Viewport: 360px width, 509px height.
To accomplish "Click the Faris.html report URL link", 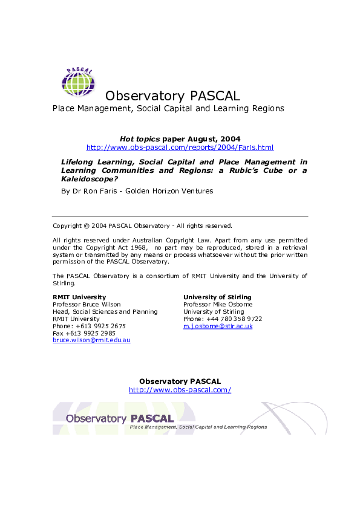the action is pyautogui.click(x=180, y=147).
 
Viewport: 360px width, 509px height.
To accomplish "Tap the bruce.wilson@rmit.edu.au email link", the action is pyautogui.click(x=91, y=340).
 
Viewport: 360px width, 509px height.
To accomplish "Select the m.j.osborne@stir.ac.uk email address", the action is pyautogui.click(x=218, y=326).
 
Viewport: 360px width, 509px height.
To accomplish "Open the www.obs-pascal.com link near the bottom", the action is pyautogui.click(x=180, y=390).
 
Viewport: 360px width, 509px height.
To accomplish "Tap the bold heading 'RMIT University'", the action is pyautogui.click(x=79, y=297).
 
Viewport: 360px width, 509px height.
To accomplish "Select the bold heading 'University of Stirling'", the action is pyautogui.click(x=218, y=297).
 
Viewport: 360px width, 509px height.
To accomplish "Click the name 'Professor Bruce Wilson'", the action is pyautogui.click(x=87, y=304).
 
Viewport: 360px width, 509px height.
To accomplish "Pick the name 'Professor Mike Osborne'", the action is pyautogui.click(x=217, y=304).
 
